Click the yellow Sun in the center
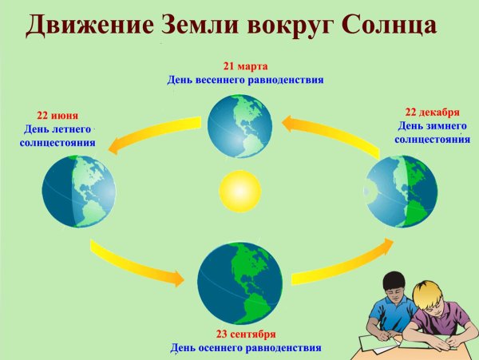(236, 192)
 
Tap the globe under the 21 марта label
(239, 126)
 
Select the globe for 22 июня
(78, 192)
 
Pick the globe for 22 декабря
(402, 192)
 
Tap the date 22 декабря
(432, 113)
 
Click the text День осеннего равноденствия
(246, 348)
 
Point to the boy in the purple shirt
(441, 315)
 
